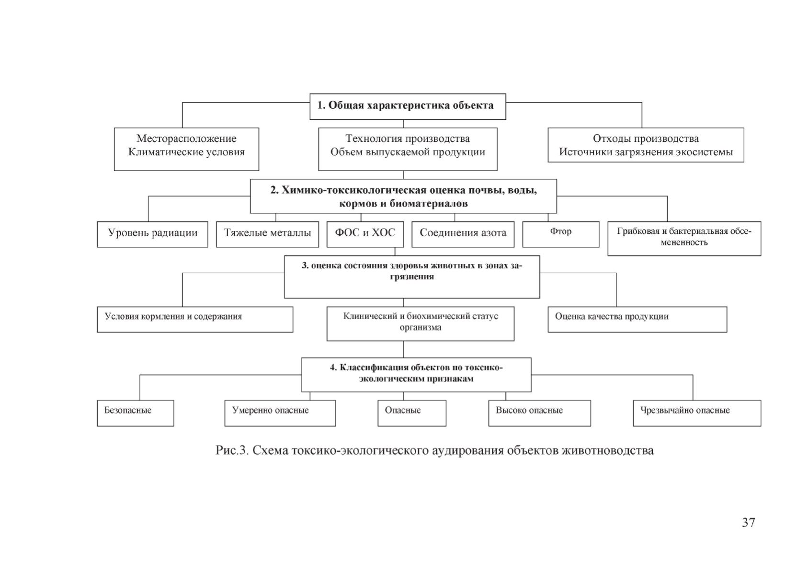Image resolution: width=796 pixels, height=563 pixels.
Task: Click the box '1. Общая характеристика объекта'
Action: click(x=408, y=106)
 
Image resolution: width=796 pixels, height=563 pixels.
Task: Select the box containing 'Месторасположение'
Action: click(x=186, y=149)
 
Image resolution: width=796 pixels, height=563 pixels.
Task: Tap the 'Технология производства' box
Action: click(x=408, y=149)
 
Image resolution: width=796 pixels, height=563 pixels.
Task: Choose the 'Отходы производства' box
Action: click(x=646, y=145)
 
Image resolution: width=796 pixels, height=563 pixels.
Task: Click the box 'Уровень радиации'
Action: click(x=152, y=234)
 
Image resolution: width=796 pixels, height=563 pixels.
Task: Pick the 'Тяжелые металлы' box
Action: click(x=267, y=234)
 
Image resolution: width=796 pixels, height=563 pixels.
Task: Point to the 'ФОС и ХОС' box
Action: click(x=365, y=234)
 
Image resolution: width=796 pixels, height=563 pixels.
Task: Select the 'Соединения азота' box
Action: click(x=463, y=234)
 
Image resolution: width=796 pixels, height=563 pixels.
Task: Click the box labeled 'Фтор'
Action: click(x=561, y=234)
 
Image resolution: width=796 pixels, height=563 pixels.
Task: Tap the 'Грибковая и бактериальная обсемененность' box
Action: click(x=684, y=238)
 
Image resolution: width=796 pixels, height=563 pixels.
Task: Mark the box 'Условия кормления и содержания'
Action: click(x=195, y=319)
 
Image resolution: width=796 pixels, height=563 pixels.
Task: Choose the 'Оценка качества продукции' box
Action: click(x=637, y=319)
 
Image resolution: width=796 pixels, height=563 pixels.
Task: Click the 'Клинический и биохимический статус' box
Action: click(x=421, y=323)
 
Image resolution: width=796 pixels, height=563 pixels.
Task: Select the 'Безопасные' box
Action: click(x=136, y=413)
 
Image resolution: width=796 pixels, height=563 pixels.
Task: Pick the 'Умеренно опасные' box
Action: click(x=280, y=413)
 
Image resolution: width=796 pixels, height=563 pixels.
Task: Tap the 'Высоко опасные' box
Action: click(x=539, y=413)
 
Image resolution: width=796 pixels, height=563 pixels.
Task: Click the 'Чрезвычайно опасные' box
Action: click(x=697, y=413)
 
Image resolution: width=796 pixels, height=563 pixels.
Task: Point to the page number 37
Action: click(x=748, y=522)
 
